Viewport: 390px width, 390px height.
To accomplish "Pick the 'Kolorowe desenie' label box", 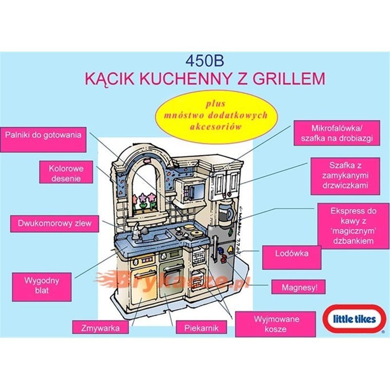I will pos(66,173).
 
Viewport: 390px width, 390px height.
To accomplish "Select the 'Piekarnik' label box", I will pos(201,328).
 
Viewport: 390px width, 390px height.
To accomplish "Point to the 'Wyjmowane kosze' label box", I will pos(270,324).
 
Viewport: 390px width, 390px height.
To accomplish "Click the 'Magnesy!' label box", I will pos(299,287).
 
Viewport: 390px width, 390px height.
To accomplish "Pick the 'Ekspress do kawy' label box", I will pos(353,225).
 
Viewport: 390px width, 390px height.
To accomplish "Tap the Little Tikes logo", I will pos(354,320).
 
